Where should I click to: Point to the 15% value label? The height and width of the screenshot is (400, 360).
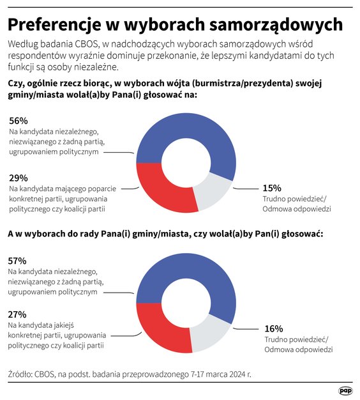point(272,188)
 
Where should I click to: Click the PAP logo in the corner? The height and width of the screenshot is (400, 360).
point(345,390)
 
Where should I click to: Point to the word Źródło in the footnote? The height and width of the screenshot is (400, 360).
point(22,373)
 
